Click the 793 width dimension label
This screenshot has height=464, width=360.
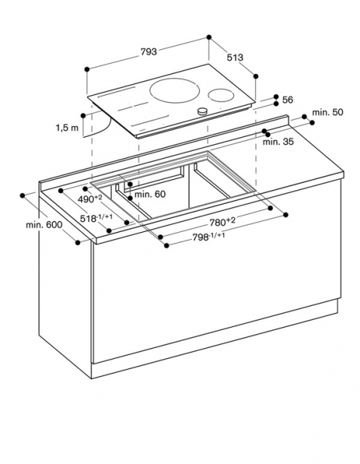pos(148,51)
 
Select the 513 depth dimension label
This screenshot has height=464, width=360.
pos(235,57)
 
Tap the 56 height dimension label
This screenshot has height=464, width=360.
pos(288,100)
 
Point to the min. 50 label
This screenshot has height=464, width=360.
pos(328,112)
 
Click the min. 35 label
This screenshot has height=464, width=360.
pos(278,142)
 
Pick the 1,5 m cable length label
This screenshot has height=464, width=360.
pos(67,128)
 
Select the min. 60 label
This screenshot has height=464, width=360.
pos(150,194)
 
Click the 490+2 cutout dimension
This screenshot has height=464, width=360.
pos(90,199)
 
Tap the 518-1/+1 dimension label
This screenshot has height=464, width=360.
pos(96,218)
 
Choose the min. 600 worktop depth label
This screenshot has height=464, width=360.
pos(44,225)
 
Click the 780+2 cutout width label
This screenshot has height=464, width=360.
pos(222,221)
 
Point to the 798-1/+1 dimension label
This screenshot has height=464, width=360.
pos(209,237)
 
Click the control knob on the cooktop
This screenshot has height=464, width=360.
pos(203,111)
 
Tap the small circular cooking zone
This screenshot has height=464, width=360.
pos(221,95)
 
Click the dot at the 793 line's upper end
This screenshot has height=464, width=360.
pos(209,37)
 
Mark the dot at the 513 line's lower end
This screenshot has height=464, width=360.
pos(256,76)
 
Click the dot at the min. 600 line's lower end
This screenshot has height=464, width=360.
pos(78,242)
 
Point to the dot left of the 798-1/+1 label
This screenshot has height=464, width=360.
pos(167,245)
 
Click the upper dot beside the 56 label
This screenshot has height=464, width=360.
pos(276,96)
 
